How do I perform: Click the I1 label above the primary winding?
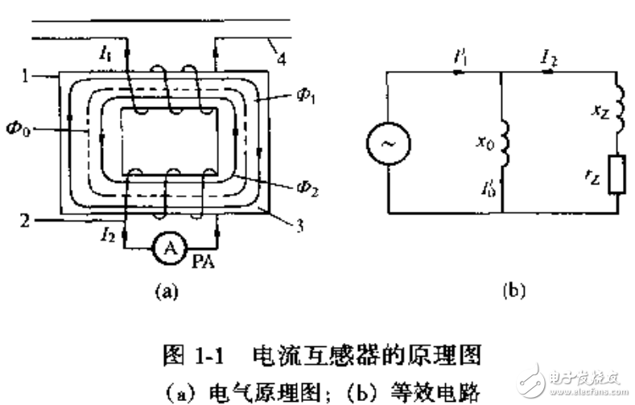pos(106,53)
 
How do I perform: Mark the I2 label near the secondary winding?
pos(108,235)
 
